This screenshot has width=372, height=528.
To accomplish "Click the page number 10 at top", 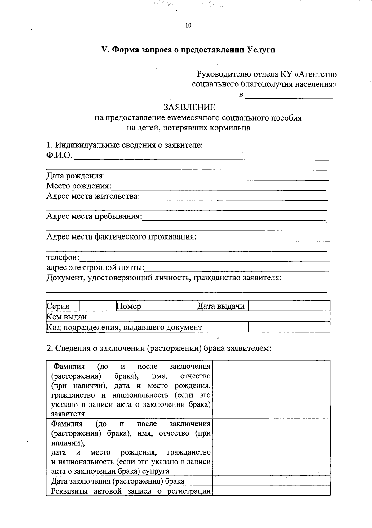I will pos(188,25).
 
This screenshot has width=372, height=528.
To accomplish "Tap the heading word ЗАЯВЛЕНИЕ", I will pos(189,107).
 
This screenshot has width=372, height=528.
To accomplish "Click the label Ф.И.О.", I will pos(59,155).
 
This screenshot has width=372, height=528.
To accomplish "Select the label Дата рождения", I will pos(76,176).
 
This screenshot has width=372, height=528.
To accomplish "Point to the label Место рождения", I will pos(78,186).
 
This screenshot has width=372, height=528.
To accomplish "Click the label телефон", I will pos(63,257).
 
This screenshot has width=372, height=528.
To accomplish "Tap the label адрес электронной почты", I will pos(95,267).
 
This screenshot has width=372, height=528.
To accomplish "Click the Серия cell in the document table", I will pos(58,306).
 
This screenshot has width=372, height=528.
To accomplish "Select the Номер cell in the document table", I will pos(129,306).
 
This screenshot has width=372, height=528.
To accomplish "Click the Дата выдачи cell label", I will pos(221,306).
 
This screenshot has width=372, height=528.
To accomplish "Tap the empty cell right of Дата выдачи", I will pos(289,306).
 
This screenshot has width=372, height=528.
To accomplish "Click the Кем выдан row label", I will pos(67,317).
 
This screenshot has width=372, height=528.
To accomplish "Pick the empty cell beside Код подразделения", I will pos(289,327).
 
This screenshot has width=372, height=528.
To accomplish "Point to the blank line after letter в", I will pos(291,95).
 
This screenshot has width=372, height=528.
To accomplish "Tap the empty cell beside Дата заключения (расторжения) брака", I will pos(271,481).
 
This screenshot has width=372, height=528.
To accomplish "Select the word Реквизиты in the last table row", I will pos(67,491).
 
